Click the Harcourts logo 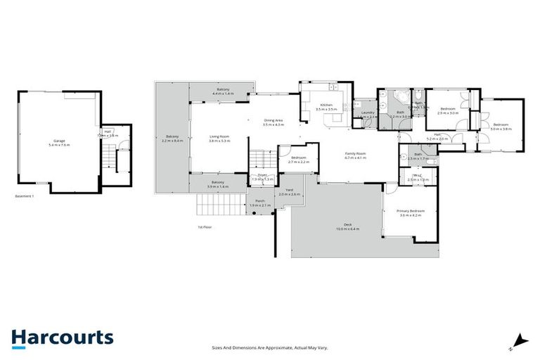tap(62, 337)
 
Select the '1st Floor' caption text tap(205, 227)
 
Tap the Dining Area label tap(274, 120)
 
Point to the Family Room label tap(356, 154)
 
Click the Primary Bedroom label tap(410, 211)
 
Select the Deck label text tap(347, 224)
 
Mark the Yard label tap(289, 189)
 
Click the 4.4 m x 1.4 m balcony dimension tap(223, 94)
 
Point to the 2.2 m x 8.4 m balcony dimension tap(172, 141)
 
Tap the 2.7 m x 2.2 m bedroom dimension tap(299, 162)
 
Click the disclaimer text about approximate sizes tap(270, 347)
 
